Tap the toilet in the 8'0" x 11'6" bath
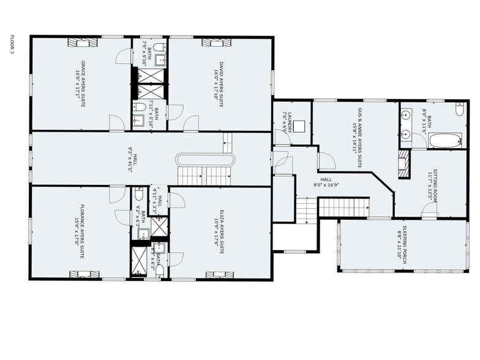(x=459, y=110)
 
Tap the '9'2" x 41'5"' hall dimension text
(x=130, y=159)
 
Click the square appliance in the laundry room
(x=299, y=127)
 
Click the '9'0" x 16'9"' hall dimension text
(x=326, y=181)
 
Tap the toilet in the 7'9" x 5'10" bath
(x=158, y=48)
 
